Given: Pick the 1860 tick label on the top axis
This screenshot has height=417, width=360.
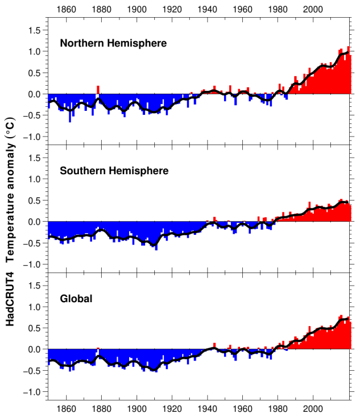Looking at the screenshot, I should pos(66,10).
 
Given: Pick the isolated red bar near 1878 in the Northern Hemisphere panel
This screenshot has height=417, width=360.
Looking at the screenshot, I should pos(98,90).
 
